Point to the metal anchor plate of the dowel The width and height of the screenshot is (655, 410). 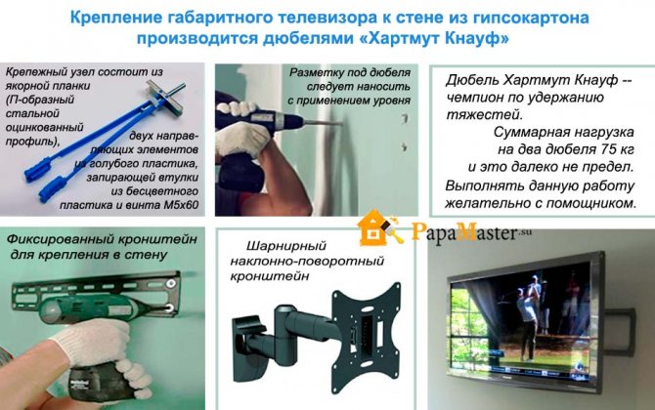click(165, 97)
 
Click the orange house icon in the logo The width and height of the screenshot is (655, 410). click(371, 228)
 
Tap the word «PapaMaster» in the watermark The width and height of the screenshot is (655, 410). click(463, 231)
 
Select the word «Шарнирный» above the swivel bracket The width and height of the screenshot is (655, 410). click(285, 246)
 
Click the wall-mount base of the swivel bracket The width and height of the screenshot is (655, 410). click(249, 348)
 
